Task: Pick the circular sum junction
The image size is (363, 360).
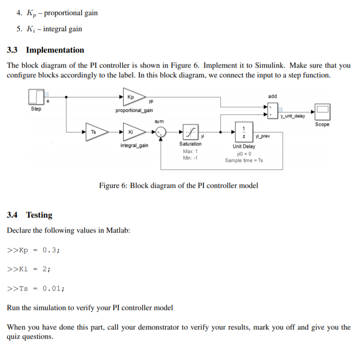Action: (x=163, y=131)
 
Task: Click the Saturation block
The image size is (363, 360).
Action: (x=190, y=131)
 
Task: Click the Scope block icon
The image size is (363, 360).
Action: (x=322, y=112)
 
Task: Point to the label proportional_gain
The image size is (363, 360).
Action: (x=134, y=110)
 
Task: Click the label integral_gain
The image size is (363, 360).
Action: (x=134, y=145)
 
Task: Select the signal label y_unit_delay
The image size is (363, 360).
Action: (x=292, y=116)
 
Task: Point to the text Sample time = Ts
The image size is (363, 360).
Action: (x=244, y=160)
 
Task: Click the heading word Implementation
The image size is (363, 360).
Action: (x=55, y=50)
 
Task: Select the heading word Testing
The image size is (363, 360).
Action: (x=39, y=215)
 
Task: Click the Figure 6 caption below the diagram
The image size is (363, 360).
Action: (x=179, y=185)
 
